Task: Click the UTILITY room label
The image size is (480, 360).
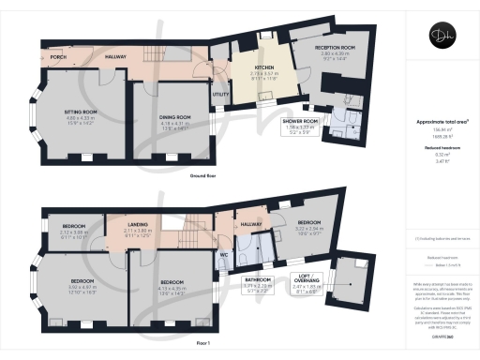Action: [x=221, y=95]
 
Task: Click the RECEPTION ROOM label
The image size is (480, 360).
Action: [x=336, y=50]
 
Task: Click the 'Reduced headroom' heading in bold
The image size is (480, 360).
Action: [x=441, y=146]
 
